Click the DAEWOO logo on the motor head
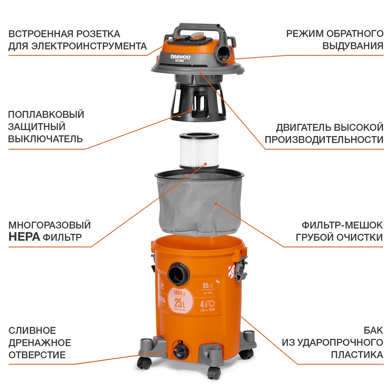pyautogui.click(x=180, y=57)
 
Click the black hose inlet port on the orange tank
pyautogui.click(x=178, y=274)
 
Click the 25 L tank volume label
pyautogui.click(x=180, y=303)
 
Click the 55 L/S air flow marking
pyautogui.click(x=208, y=286)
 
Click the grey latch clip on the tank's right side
pyautogui.click(x=241, y=268)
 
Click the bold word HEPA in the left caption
pyautogui.click(x=24, y=237)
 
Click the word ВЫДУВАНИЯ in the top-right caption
pyautogui.click(x=353, y=46)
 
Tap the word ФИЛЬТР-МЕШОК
pyautogui.click(x=342, y=225)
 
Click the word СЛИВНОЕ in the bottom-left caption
pyautogui.click(x=32, y=331)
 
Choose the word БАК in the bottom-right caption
pyautogui.click(x=373, y=330)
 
